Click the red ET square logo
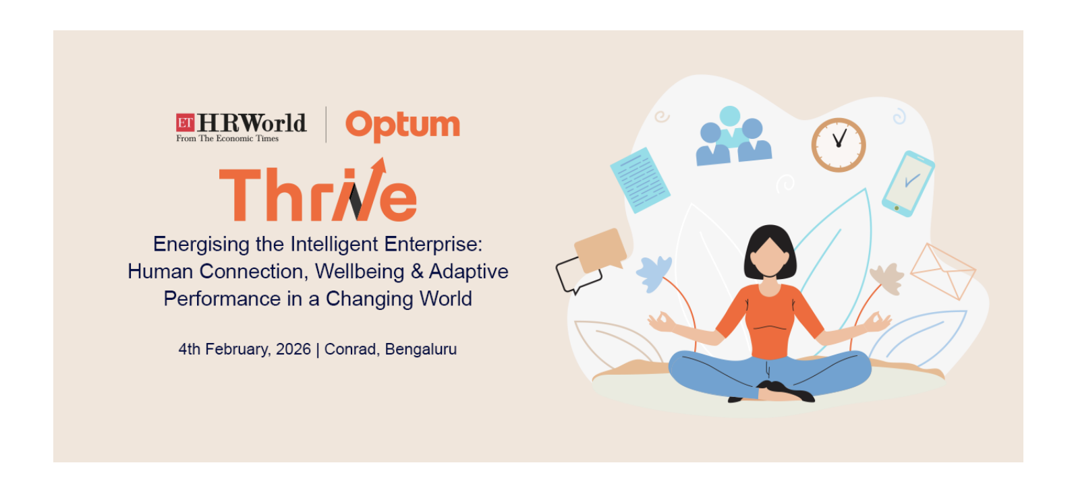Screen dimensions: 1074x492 click(185, 123)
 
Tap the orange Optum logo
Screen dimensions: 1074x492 click(403, 125)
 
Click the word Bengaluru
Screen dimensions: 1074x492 click(420, 349)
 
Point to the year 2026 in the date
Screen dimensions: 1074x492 click(293, 349)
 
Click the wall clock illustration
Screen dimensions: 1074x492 click(839, 145)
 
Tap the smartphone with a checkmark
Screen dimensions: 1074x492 click(908, 183)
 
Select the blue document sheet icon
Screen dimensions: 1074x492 click(640, 180)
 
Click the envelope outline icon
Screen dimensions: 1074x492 click(942, 271)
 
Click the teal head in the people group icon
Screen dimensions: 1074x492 click(730, 116)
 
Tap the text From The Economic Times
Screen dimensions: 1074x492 click(227, 138)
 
